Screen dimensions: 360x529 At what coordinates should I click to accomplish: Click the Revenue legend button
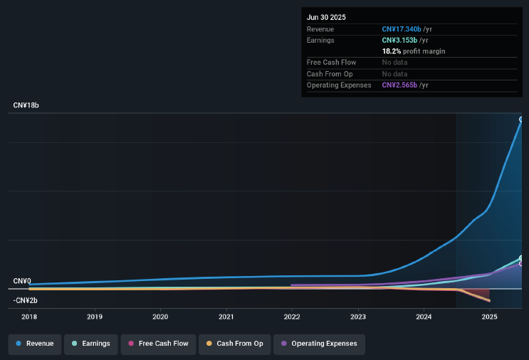35,344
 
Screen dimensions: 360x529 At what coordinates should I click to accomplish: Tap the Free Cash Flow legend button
157,344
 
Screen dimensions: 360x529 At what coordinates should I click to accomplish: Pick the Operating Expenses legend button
321,344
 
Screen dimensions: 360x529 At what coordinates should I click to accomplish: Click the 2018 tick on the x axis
29,317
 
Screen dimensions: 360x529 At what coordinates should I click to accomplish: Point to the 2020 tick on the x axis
160,317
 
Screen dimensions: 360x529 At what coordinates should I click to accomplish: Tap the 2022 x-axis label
292,317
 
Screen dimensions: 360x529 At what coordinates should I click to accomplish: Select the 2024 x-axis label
424,317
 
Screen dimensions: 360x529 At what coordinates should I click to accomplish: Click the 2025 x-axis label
489,317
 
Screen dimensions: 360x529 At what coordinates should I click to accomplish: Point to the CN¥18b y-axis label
26,105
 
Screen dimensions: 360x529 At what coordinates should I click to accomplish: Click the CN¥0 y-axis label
22,281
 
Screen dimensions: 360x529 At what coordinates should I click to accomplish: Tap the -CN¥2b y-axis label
25,300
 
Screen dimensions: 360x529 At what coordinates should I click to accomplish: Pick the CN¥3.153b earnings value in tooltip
399,41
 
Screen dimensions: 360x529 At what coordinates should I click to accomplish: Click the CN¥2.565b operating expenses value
399,85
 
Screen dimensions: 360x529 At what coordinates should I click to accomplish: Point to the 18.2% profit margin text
413,51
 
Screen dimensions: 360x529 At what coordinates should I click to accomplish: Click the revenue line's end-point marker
522,120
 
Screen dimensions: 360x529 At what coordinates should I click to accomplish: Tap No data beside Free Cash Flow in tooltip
394,63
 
